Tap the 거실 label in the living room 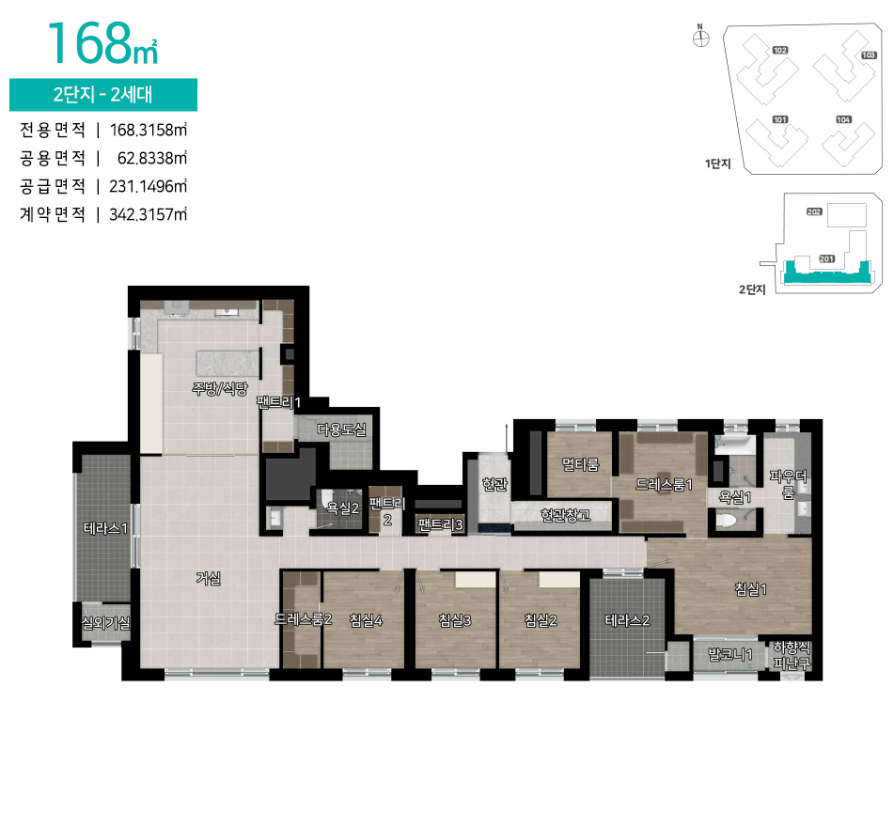(208, 578)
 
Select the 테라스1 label (105, 529)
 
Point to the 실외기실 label (105, 622)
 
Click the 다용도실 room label (341, 429)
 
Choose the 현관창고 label (565, 515)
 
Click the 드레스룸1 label (664, 485)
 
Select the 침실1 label (751, 589)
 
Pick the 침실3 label (454, 619)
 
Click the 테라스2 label (627, 619)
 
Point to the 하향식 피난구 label (791, 655)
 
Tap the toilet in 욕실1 (728, 520)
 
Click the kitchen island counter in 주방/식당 (227, 362)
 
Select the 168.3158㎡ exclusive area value (149, 129)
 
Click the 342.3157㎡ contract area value (149, 214)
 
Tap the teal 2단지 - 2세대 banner (103, 95)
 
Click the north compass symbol (699, 39)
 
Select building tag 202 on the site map (814, 212)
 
